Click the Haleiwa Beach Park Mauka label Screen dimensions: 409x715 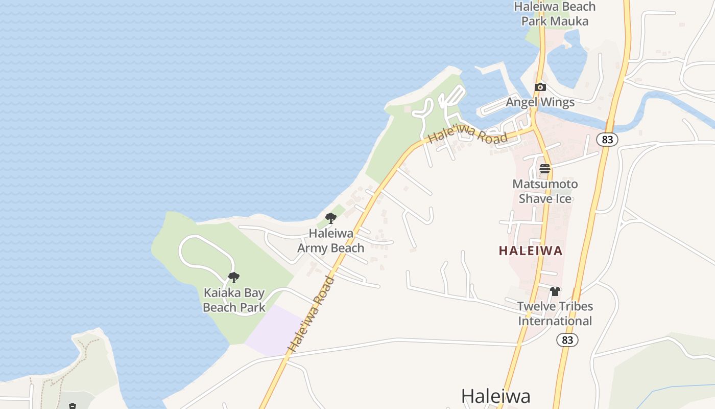coord(555,14)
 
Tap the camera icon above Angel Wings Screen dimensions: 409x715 coord(540,87)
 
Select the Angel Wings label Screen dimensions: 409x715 coord(540,102)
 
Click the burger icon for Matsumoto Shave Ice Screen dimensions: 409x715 coord(545,169)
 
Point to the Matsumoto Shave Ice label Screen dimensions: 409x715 coord(545,191)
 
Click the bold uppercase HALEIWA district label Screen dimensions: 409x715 coord(531,251)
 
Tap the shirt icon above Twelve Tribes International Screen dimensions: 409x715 coord(555,291)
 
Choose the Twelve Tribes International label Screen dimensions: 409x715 coord(555,313)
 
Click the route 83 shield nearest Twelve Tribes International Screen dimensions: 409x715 coord(567,340)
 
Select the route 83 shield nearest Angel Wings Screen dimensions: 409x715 coord(607,140)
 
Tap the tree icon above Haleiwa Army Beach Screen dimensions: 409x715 coord(331,219)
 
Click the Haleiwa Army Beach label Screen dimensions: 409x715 coord(331,241)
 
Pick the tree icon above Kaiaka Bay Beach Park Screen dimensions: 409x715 coord(234,278)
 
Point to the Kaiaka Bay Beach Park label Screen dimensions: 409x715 coord(234,300)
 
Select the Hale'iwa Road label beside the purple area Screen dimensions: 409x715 coord(312,314)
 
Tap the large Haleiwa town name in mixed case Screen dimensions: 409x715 coord(495,396)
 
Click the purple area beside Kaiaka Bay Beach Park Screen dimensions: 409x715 coord(273,330)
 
